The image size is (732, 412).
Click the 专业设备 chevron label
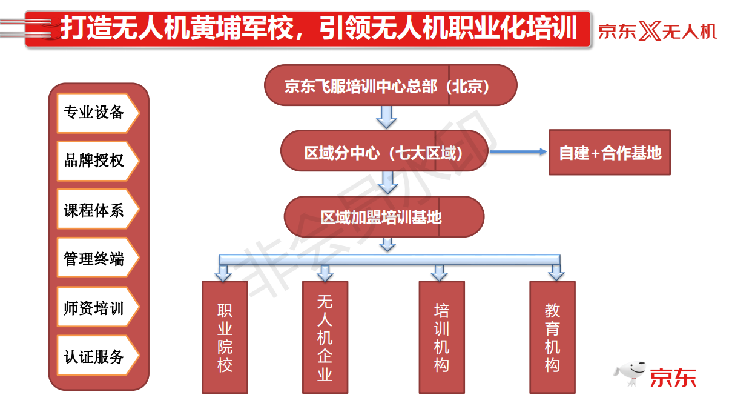[98, 113]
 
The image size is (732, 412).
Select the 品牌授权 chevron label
[98, 161]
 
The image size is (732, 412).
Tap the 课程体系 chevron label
[98, 209]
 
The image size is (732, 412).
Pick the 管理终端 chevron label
[98, 258]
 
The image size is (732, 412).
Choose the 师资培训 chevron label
[98, 307]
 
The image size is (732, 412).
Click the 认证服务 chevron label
[98, 356]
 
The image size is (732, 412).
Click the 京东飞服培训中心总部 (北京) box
[391, 85]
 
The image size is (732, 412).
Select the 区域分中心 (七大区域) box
[384, 151]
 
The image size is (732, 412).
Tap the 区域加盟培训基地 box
[384, 217]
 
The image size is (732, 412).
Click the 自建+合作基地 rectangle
[610, 152]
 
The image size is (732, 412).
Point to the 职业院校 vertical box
[225, 337]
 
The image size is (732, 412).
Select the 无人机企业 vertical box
[325, 337]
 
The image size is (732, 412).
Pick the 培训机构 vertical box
[442, 337]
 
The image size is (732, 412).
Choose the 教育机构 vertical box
[553, 337]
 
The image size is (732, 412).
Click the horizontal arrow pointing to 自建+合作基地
[518, 151]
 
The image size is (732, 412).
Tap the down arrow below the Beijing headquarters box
[387, 117]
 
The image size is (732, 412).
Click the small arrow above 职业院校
[223, 273]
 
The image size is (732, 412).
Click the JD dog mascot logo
[630, 374]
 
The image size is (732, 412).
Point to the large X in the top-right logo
[650, 31]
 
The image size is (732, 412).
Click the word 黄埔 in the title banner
[216, 28]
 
